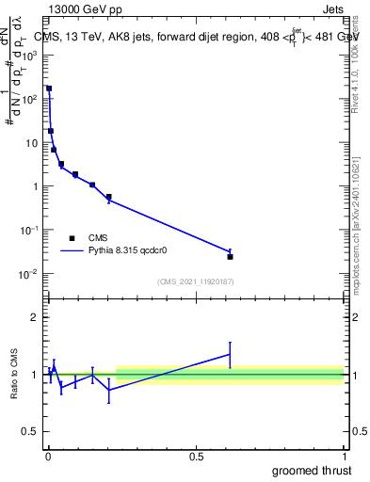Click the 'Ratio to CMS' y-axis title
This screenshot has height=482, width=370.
point(16,375)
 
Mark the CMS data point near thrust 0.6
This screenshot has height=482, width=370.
point(230,256)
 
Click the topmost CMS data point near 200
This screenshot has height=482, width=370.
point(49,88)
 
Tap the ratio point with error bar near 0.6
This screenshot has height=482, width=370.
point(230,354)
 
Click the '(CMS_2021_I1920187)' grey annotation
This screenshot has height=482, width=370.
point(196,281)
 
